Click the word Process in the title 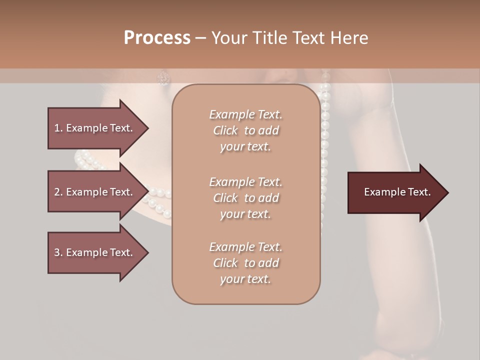(x=157, y=38)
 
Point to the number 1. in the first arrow (x=58, y=128)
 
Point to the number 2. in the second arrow (x=58, y=192)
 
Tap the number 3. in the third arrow (x=58, y=252)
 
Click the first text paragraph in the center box (x=245, y=130)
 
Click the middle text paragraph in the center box (x=245, y=198)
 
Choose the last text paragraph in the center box (x=245, y=263)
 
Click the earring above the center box (x=163, y=77)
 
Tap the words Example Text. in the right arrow (x=397, y=192)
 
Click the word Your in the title (x=228, y=38)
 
